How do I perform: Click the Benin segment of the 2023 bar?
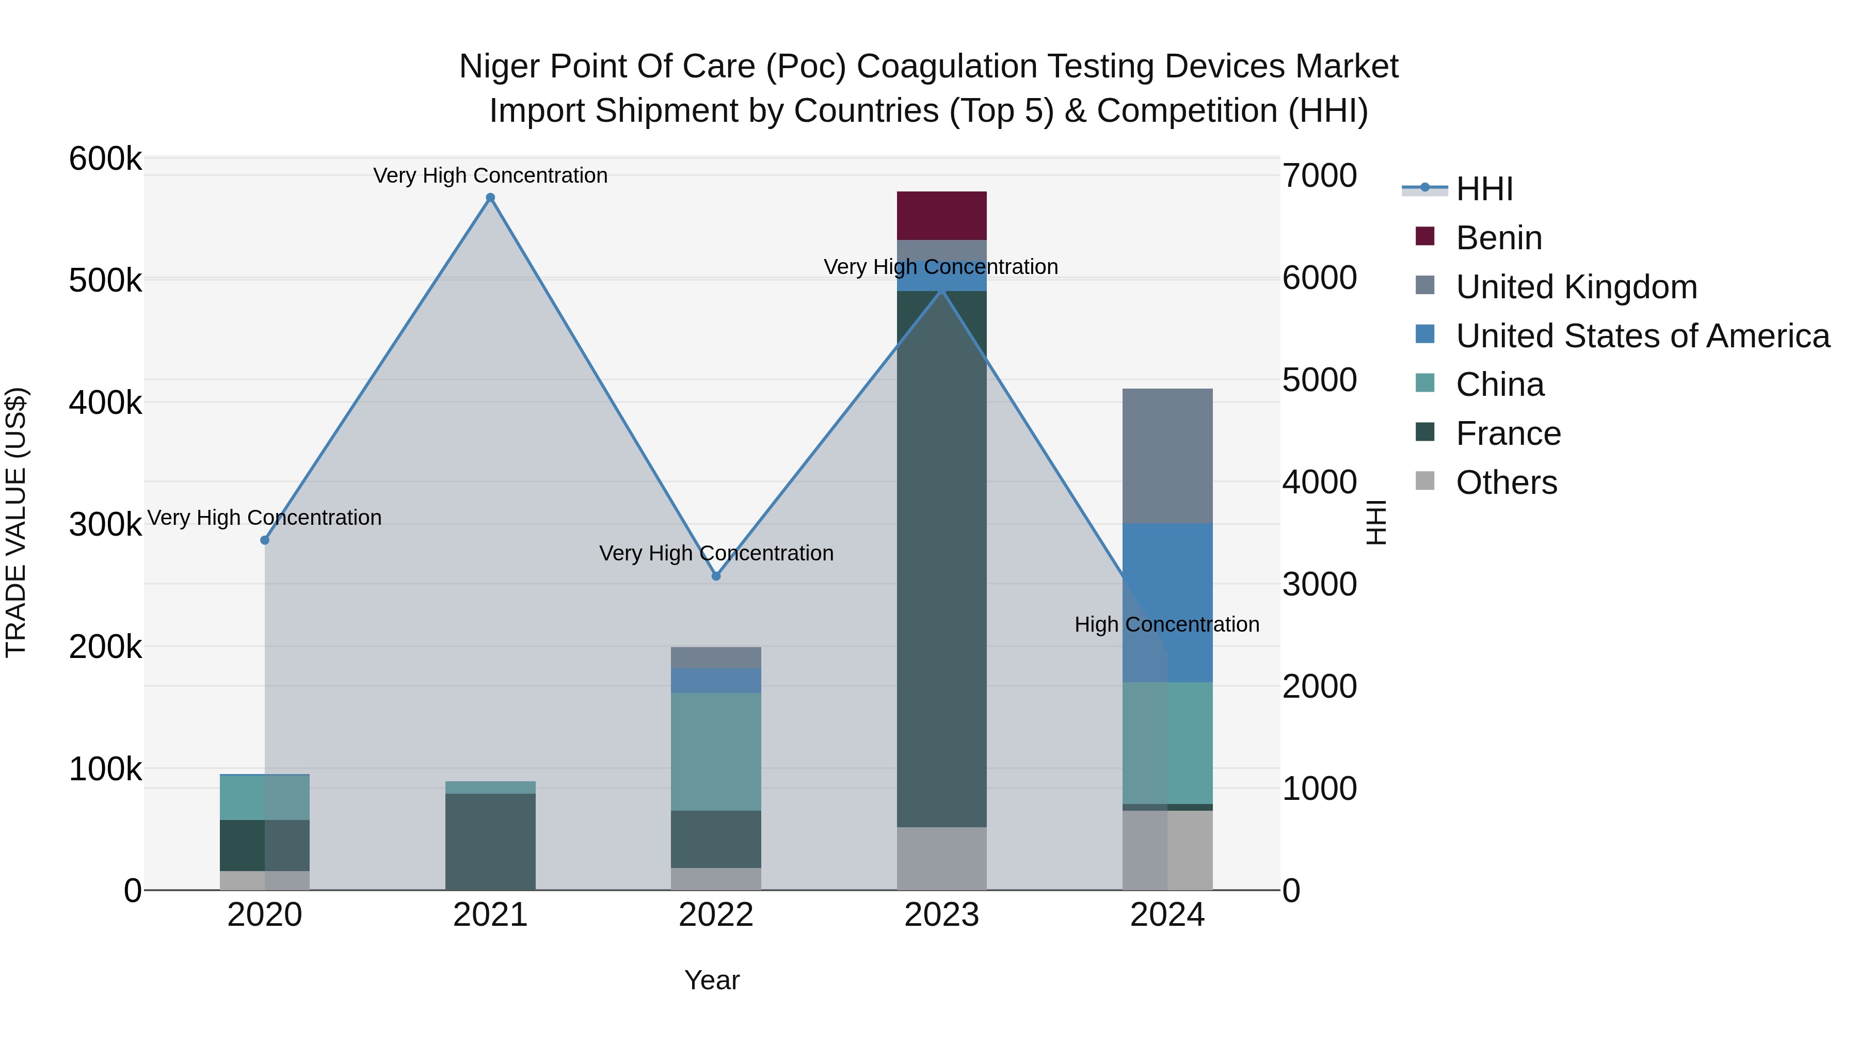point(941,216)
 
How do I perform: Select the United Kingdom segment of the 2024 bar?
point(1167,456)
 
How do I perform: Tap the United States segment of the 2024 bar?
point(1167,602)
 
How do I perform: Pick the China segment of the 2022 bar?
point(715,751)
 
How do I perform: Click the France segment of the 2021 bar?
point(490,841)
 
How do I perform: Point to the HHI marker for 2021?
point(490,198)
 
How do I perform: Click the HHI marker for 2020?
point(265,540)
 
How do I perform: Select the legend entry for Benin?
point(1498,238)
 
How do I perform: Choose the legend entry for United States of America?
point(1642,336)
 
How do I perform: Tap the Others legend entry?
point(1506,483)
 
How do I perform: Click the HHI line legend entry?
point(1484,189)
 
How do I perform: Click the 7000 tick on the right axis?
point(1319,175)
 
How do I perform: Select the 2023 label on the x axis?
point(941,915)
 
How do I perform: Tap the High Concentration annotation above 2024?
point(1166,624)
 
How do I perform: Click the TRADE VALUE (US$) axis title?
point(16,522)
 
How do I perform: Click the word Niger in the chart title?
point(499,67)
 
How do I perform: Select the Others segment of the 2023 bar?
point(941,858)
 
